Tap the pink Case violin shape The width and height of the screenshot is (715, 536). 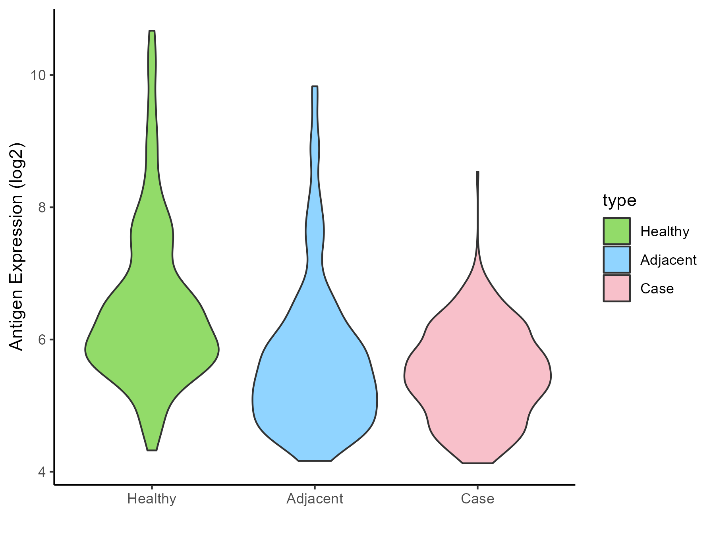(x=477, y=377)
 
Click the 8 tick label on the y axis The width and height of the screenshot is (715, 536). (x=43, y=207)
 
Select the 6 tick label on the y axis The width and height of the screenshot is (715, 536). (x=43, y=340)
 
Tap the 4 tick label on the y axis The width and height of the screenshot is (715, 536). (x=43, y=472)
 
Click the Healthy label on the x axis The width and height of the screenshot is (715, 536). (x=152, y=499)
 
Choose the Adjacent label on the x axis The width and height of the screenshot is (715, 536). (x=315, y=499)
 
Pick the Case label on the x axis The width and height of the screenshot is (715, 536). (x=477, y=499)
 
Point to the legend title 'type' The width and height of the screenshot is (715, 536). (x=619, y=201)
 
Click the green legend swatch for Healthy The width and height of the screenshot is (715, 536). (x=616, y=231)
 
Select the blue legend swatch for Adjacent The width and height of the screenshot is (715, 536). (x=616, y=260)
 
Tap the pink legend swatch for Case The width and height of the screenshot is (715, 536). (x=616, y=288)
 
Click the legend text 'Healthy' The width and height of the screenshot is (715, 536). (x=665, y=231)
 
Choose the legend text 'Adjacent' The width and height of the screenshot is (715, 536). (x=668, y=260)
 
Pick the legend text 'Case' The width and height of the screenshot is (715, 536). (x=657, y=289)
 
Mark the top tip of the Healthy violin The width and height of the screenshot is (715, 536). (x=152, y=31)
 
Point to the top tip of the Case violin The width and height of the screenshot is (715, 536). (x=477, y=172)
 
